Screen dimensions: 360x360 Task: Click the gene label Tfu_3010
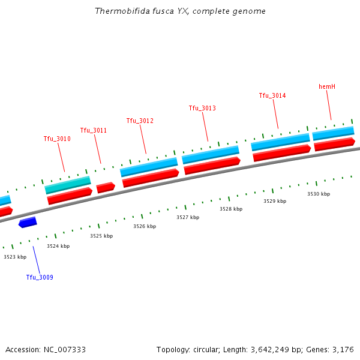57,139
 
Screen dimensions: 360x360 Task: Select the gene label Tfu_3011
94,130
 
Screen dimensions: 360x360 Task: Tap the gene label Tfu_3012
140,121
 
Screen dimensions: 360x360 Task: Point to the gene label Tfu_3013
202,108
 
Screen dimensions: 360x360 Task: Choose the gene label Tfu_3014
272,95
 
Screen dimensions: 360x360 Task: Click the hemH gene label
327,86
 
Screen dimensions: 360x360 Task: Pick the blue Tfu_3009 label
40,277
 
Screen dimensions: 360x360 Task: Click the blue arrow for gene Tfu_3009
28,223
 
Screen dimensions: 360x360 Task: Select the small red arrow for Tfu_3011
106,187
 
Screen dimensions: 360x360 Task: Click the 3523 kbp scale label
15,257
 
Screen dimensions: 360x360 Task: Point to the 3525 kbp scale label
101,236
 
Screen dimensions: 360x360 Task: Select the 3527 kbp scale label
188,217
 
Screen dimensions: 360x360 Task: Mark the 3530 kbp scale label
319,194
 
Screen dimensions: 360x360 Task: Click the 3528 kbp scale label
231,209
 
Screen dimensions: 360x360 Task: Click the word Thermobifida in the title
118,11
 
